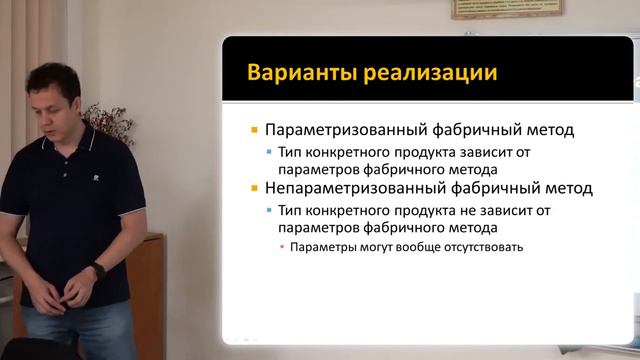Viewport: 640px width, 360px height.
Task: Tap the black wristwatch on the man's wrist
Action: coord(97,270)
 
